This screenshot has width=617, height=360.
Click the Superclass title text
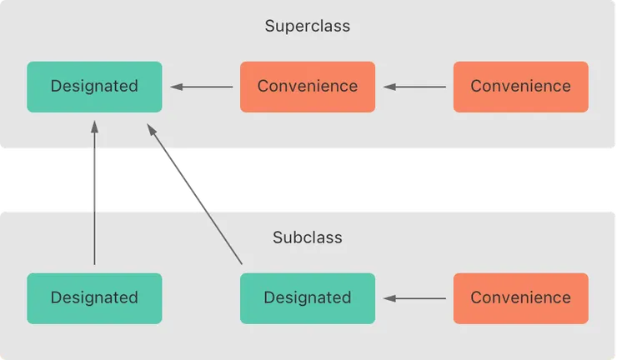[307, 26]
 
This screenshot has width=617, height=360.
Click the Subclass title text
[307, 237]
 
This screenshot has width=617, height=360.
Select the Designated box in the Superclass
[94, 86]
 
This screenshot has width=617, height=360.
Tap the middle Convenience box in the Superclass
[307, 86]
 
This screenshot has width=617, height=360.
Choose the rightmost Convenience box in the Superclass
[520, 86]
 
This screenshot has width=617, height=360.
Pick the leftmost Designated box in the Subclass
[94, 297]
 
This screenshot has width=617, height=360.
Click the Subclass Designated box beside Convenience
[307, 297]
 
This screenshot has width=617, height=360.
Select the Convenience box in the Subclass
[520, 297]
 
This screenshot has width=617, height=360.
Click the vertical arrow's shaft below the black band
[94, 237]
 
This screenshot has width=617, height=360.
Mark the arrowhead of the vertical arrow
[94, 127]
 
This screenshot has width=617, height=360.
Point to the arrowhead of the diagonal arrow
[151, 129]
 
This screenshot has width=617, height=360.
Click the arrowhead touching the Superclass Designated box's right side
[176, 86]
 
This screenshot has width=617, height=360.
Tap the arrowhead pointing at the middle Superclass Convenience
[389, 86]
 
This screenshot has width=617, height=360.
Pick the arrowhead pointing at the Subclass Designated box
[389, 297]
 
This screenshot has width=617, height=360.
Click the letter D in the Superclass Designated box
[56, 86]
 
